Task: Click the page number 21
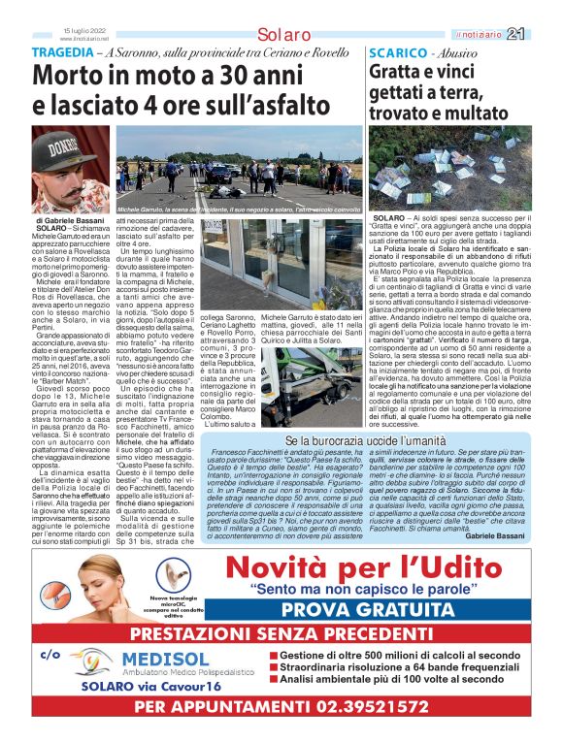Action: [542, 34]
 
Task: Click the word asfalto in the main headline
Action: [276, 102]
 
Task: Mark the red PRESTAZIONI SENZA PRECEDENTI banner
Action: [281, 633]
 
